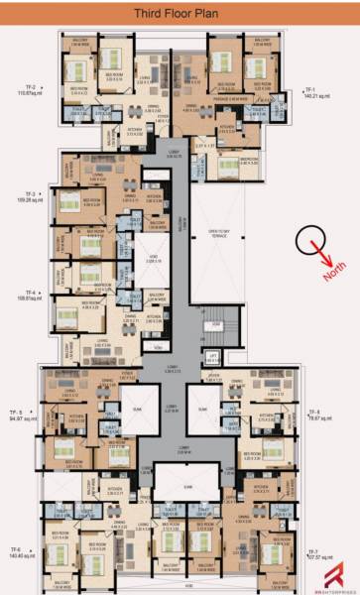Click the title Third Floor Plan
(x=180, y=14)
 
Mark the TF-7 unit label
(x=311, y=549)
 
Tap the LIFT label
(x=211, y=354)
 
